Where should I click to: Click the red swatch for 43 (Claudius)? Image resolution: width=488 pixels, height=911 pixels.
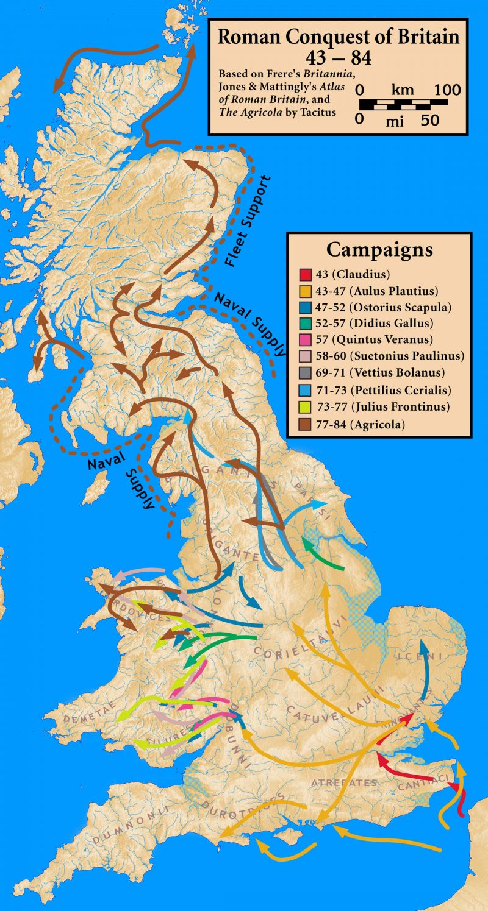pyautogui.click(x=304, y=274)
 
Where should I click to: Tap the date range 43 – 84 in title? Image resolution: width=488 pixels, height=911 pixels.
pyautogui.click(x=338, y=59)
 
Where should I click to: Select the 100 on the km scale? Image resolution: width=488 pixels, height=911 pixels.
pyautogui.click(x=447, y=90)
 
